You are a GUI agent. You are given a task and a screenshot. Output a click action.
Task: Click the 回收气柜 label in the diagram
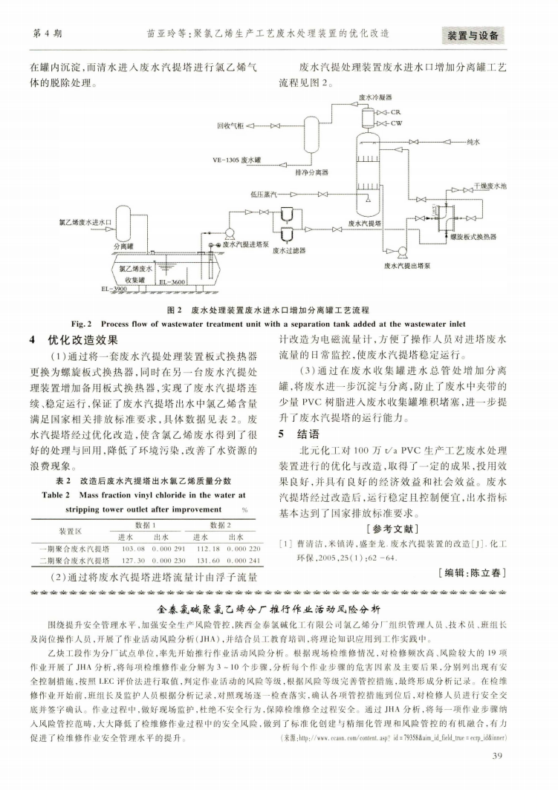[x=230, y=126]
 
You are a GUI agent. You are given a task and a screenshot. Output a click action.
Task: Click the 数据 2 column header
[x=221, y=525]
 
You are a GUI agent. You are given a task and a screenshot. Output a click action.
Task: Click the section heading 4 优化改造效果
[x=74, y=342]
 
